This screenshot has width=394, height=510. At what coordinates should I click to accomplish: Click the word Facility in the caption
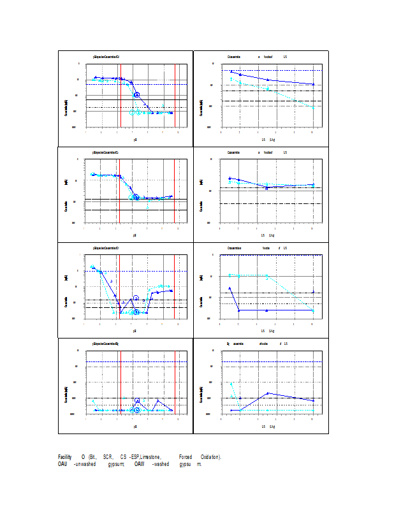pos(64,457)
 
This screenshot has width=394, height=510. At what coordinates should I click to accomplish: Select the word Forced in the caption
pos(186,457)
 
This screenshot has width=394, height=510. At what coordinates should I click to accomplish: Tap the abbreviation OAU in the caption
pos(62,464)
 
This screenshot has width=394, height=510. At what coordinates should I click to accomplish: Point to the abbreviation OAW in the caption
pos(139,464)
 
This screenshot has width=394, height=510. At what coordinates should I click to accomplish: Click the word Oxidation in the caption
pos(210,457)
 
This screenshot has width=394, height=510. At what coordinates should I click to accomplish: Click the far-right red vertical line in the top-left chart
pos(175,96)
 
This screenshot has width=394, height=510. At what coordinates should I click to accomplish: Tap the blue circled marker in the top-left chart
pos(136,94)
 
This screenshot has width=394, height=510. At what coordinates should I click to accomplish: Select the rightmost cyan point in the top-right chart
pos(313,108)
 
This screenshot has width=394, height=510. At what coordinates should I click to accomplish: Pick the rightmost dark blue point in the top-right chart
pos(313,84)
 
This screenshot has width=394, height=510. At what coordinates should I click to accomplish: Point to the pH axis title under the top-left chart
pos(135,138)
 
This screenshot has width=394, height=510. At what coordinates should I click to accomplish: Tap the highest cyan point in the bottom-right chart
pos(231,383)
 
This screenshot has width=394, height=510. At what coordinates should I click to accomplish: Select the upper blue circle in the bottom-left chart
pos(137,400)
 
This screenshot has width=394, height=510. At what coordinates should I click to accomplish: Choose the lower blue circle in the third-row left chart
pos(136,312)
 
